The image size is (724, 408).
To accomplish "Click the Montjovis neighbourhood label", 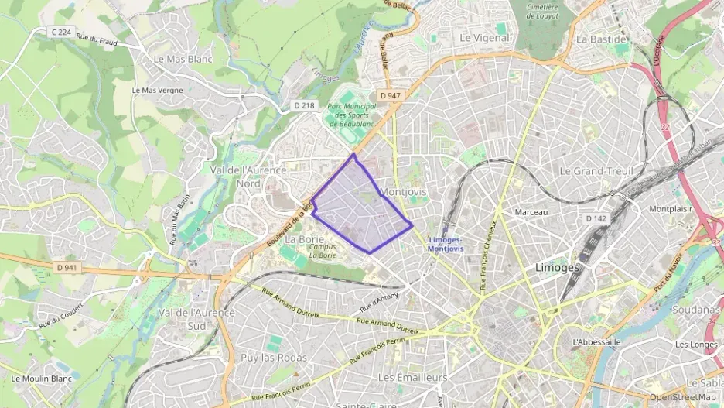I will point(404,191).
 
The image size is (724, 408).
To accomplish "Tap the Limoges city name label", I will point(557,267).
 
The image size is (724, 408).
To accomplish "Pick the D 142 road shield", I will point(596,219).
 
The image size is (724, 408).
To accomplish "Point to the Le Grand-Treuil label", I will point(596,170).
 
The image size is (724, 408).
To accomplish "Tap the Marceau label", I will point(531,212).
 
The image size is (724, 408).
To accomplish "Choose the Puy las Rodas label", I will point(263,358).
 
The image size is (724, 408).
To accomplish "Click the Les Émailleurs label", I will point(412,377).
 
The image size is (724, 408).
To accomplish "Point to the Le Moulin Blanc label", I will point(42,379).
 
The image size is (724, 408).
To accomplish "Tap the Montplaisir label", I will point(670,209).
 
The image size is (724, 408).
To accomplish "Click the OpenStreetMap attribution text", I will point(682,397).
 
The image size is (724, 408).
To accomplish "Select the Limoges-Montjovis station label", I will point(446,244).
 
